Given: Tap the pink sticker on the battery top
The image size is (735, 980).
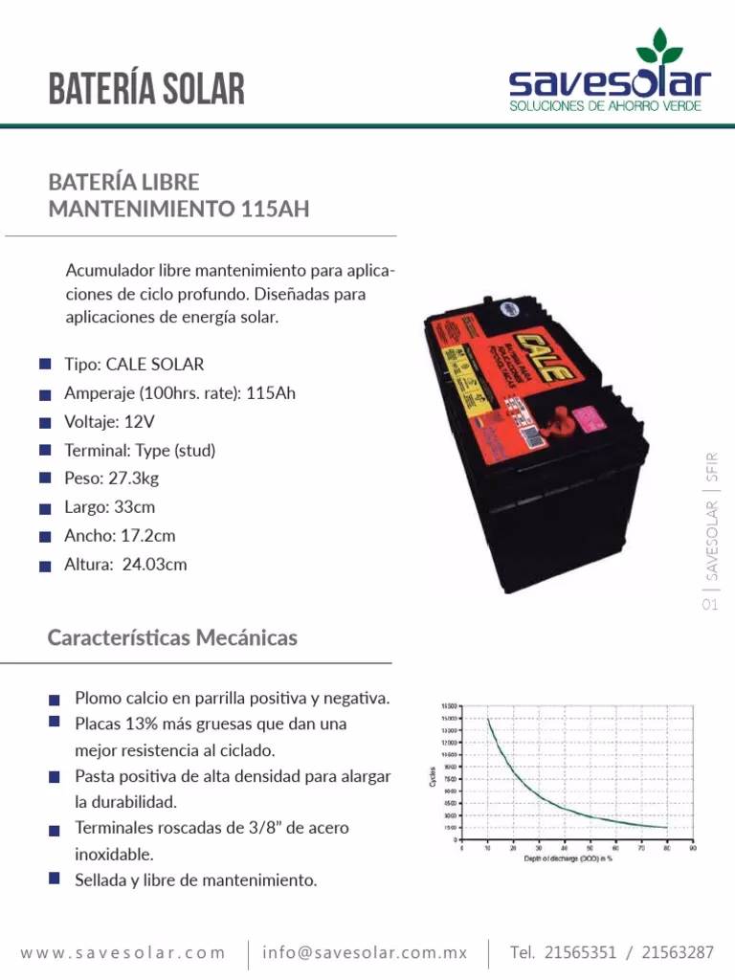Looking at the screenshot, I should tap(594, 418).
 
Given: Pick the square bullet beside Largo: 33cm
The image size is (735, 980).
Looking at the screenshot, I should tap(45, 507).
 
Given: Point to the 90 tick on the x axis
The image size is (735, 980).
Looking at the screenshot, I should tap(691, 847).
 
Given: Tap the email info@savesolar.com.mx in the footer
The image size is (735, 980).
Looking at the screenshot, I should tap(365, 952).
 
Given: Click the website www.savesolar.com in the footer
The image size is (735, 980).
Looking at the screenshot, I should tap(123, 952).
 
